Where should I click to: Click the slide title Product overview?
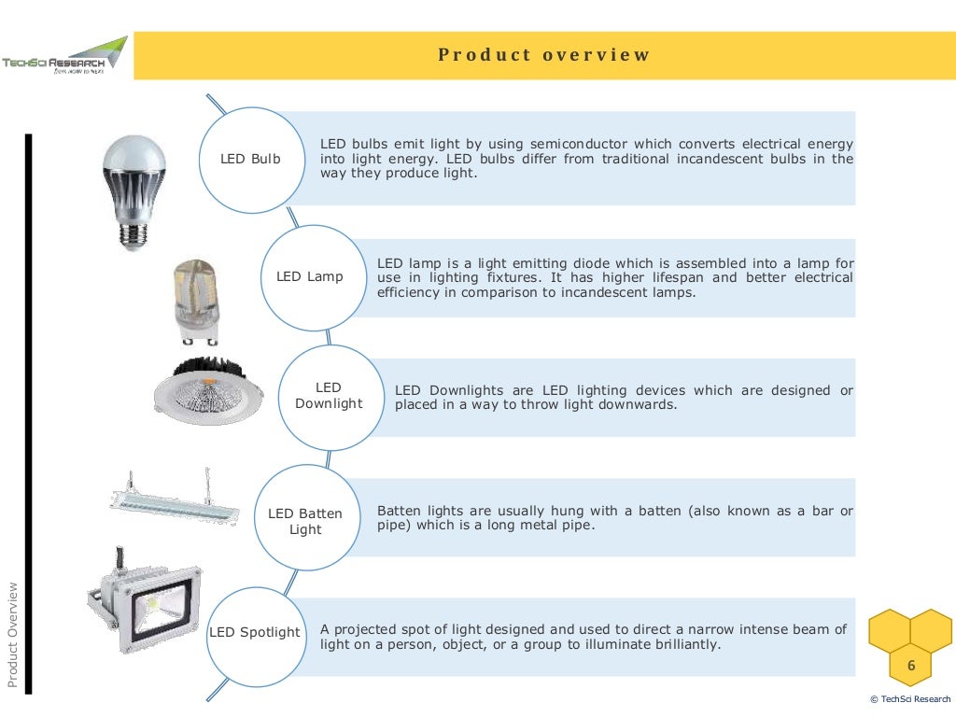(544, 55)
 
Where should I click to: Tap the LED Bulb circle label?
(250, 160)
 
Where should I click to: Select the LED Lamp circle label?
(310, 276)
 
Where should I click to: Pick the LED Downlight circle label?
(329, 396)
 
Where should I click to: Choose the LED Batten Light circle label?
(305, 522)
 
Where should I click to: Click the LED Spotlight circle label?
(255, 633)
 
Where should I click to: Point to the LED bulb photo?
(134, 187)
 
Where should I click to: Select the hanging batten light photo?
(175, 499)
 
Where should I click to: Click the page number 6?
(911, 666)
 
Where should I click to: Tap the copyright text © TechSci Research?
(909, 699)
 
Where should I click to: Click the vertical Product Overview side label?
(13, 635)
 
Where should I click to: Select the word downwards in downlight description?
(643, 405)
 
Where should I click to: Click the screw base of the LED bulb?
(134, 237)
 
